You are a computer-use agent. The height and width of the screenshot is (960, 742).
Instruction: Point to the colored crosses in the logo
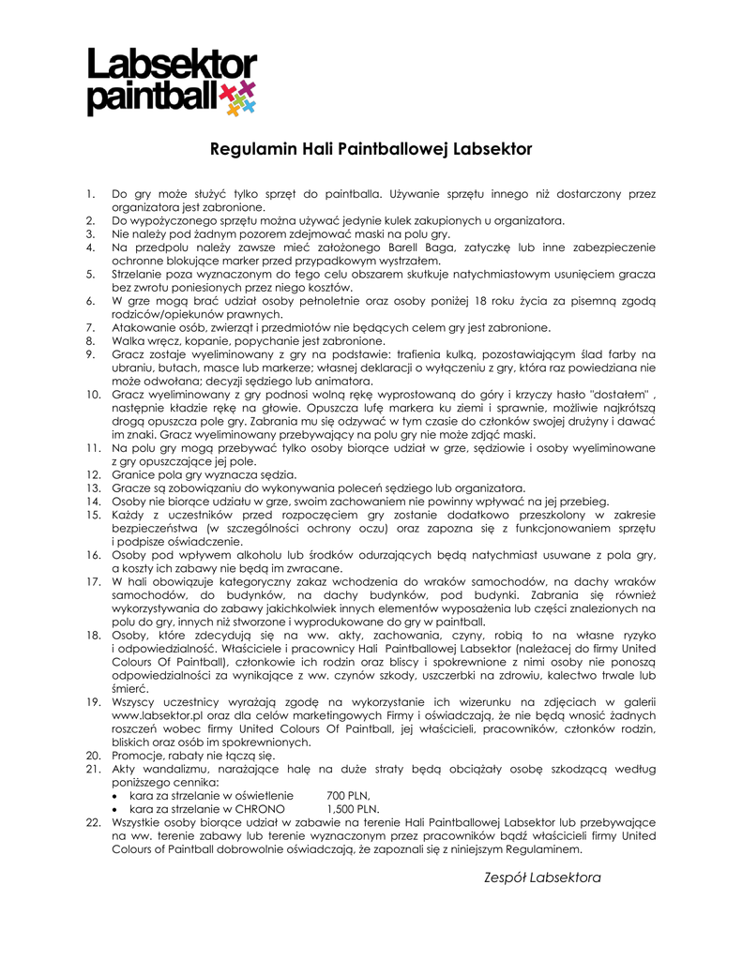[237, 97]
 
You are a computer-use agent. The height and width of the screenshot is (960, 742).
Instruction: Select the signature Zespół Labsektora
[541, 877]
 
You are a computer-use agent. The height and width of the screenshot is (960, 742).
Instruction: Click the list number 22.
[92, 821]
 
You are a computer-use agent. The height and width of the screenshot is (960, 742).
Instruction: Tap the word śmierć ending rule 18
[129, 688]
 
